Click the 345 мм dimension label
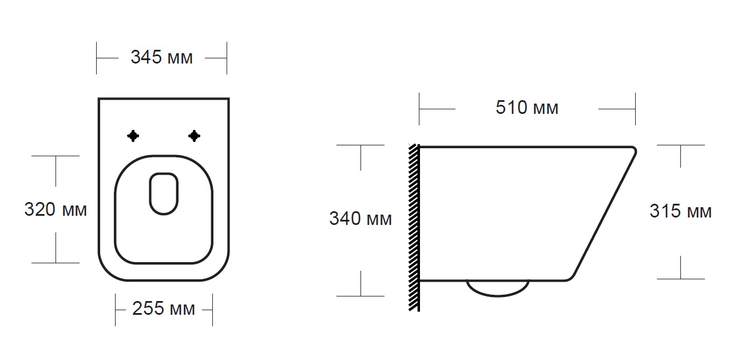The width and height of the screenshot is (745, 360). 161,57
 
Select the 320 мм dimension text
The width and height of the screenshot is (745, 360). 56,209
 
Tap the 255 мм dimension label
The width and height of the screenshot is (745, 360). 164,308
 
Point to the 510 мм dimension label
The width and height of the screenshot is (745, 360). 527,108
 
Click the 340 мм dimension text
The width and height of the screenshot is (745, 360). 360,219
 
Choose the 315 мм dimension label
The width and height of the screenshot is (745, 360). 680,211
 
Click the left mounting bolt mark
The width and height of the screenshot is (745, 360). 133,136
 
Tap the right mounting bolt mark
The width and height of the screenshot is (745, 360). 194,136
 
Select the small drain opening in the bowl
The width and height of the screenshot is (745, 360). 164,193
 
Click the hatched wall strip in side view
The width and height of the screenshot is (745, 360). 414,228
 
